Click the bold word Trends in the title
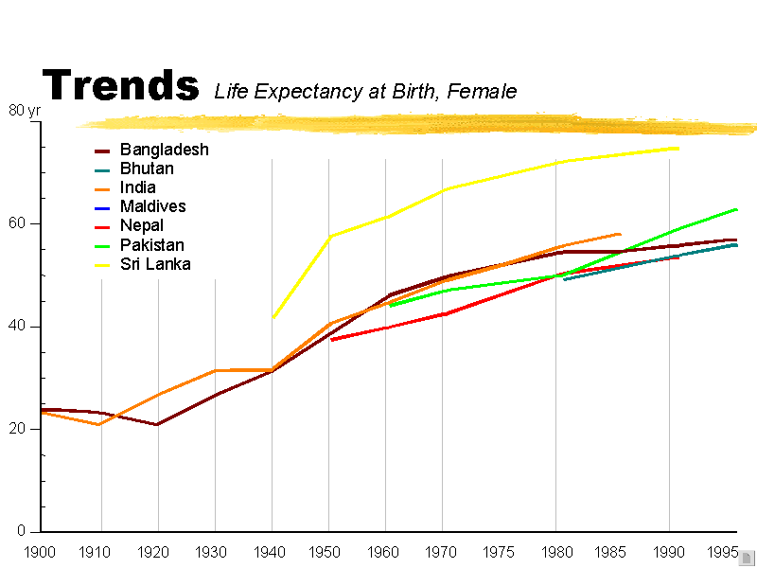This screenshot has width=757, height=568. pos(121,85)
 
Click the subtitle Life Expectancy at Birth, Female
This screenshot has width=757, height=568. pos(365,92)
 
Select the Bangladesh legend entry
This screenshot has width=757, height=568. pos(164,150)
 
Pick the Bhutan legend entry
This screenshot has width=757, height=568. pos(147,169)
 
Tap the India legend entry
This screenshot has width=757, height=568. pos(137,187)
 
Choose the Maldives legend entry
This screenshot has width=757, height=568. pos(152,206)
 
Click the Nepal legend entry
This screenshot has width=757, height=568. pos(141,225)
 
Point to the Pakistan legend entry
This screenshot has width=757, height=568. pos(151,245)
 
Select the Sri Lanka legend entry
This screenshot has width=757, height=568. pos(155,264)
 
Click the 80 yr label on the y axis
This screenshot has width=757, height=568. pos(25,110)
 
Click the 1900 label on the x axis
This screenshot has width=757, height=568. pos(41,551)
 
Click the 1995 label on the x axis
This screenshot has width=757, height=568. pos(722,551)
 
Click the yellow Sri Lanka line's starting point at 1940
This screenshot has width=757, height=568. pos(273,317)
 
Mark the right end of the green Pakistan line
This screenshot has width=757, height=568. pos(736,209)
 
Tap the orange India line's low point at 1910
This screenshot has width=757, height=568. pos(98,424)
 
